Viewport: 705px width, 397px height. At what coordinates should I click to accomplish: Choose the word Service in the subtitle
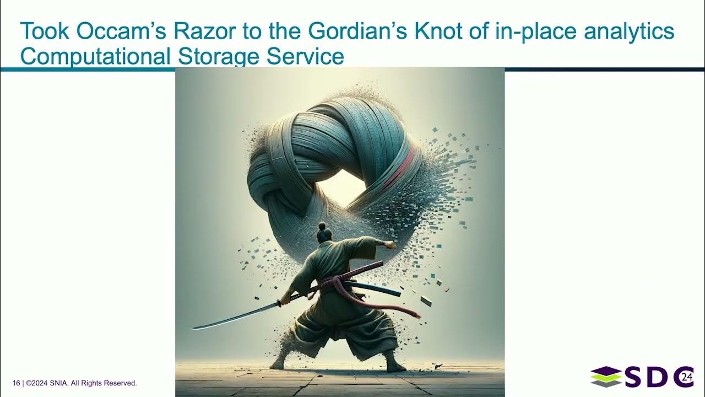click(311, 57)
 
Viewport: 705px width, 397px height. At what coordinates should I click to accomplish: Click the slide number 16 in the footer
click(16, 383)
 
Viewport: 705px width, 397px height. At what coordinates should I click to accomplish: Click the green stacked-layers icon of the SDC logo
click(605, 377)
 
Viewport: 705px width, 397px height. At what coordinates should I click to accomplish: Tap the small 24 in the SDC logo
click(686, 377)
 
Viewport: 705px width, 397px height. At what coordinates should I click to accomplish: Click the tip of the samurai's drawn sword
click(193, 328)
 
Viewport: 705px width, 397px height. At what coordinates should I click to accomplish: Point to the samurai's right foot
click(395, 367)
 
